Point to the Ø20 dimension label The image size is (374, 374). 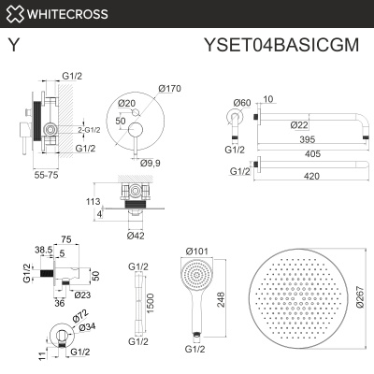pos(128,103)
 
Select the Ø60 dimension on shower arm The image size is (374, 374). pos(241,102)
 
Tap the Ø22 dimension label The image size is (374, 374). pos(298,125)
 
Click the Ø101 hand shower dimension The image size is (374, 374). pos(197,251)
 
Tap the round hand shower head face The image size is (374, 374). pos(195,279)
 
